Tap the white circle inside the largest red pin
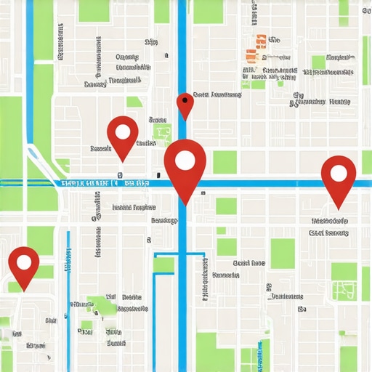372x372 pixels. click(x=185, y=161)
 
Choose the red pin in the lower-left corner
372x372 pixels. click(x=24, y=264)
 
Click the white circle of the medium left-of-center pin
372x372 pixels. click(x=123, y=132)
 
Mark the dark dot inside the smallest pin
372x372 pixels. click(x=186, y=99)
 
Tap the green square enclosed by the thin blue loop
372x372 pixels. click(x=164, y=264)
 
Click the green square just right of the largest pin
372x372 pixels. click(x=225, y=161)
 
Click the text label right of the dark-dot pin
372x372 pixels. click(x=217, y=95)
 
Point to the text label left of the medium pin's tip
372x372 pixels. click(x=101, y=149)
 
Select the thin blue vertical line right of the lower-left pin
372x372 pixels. click(x=68, y=291)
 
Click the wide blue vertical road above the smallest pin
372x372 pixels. click(x=182, y=44)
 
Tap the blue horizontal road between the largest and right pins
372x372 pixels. click(x=262, y=184)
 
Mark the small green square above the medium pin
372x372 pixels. click(x=134, y=102)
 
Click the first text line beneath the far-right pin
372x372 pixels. click(x=329, y=220)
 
